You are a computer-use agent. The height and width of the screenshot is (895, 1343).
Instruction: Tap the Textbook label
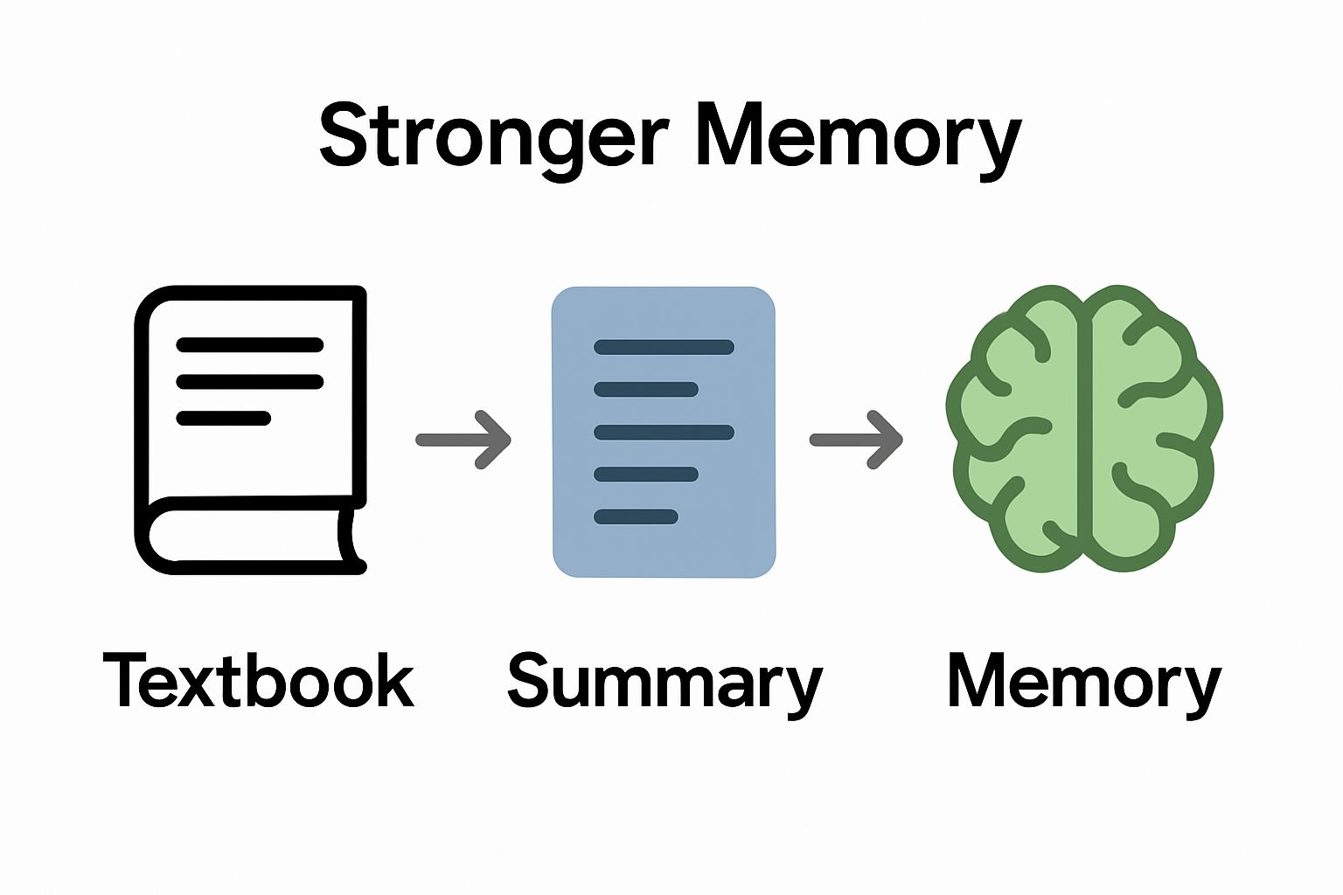tap(258, 681)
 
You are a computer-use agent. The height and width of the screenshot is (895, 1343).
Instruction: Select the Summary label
tap(665, 683)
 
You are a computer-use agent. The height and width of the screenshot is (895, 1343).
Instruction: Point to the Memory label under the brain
tap(1083, 683)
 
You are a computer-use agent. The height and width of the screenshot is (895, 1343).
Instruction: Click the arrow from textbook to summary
tap(463, 440)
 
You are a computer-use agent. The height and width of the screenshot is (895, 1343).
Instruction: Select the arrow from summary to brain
tap(856, 440)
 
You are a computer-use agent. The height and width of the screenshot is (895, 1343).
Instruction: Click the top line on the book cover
tap(250, 345)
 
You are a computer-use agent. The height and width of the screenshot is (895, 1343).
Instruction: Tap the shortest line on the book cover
tap(224, 418)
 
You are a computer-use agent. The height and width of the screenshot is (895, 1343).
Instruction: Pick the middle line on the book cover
tap(250, 382)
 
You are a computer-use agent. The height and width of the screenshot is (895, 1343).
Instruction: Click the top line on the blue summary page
tap(664, 347)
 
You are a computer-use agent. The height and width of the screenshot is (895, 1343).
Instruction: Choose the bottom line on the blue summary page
tap(636, 517)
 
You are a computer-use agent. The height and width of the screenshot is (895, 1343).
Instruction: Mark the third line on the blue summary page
tap(664, 432)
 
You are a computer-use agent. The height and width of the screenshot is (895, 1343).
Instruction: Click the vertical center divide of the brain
tap(1084, 428)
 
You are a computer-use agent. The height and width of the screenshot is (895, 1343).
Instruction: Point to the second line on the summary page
tap(646, 389)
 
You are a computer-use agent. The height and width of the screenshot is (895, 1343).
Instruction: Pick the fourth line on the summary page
tap(646, 475)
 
